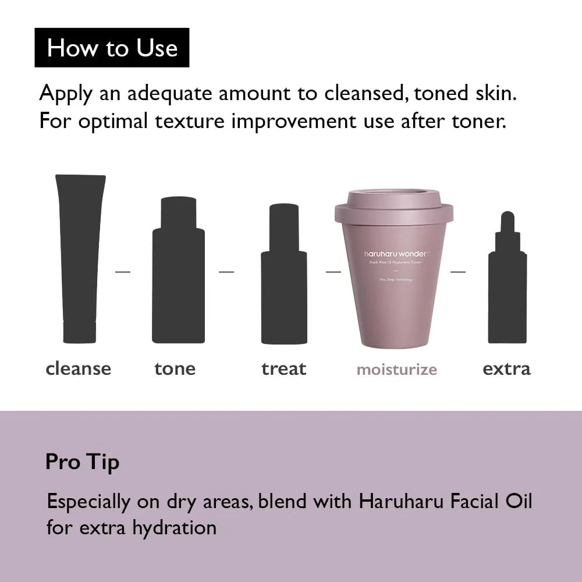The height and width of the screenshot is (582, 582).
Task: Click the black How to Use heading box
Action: point(112,48)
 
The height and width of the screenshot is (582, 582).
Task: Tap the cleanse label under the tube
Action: point(78,368)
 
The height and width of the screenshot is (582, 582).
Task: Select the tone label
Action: point(175,368)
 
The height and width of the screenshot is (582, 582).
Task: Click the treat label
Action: point(283,368)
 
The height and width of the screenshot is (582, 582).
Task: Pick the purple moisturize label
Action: point(396,369)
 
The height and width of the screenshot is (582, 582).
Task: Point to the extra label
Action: point(506,368)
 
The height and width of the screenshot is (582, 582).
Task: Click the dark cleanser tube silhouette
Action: point(80,256)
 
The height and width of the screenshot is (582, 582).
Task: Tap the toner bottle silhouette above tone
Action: point(178,274)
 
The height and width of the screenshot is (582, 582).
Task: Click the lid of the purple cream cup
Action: point(394,205)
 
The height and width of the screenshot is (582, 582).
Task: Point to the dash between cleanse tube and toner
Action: point(123,272)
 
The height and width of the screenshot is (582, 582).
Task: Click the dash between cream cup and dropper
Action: point(458,272)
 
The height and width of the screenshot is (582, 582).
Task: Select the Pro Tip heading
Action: point(82,462)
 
